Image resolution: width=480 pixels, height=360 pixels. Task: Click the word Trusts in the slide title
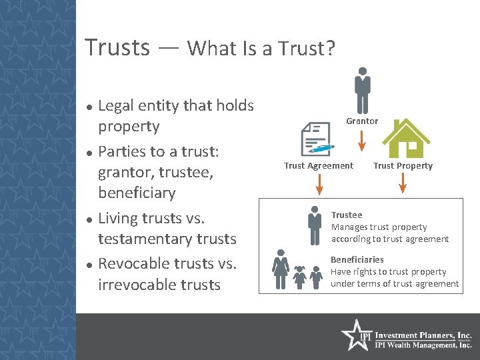pyautogui.click(x=117, y=47)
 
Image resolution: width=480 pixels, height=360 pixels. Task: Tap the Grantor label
pyautogui.click(x=362, y=121)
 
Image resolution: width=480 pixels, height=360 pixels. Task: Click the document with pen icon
pyautogui.click(x=317, y=140)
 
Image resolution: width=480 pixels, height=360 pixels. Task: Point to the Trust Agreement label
pyautogui.click(x=319, y=166)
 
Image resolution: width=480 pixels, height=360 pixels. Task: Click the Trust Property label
pyautogui.click(x=403, y=166)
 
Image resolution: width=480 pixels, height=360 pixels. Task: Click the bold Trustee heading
pyautogui.click(x=347, y=215)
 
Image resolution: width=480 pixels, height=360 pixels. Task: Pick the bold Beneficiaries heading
pyautogui.click(x=357, y=259)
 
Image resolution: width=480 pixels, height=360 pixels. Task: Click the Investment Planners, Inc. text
pyautogui.click(x=423, y=335)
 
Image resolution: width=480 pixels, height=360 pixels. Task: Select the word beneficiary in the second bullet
pyautogui.click(x=136, y=193)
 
